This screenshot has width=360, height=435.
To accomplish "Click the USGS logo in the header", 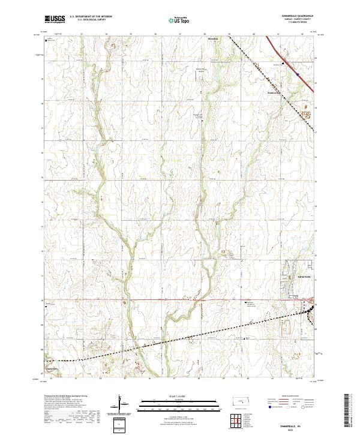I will (55, 20).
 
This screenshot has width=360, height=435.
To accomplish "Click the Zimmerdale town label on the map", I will (274, 92).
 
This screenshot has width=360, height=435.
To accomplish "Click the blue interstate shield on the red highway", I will (296, 75).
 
